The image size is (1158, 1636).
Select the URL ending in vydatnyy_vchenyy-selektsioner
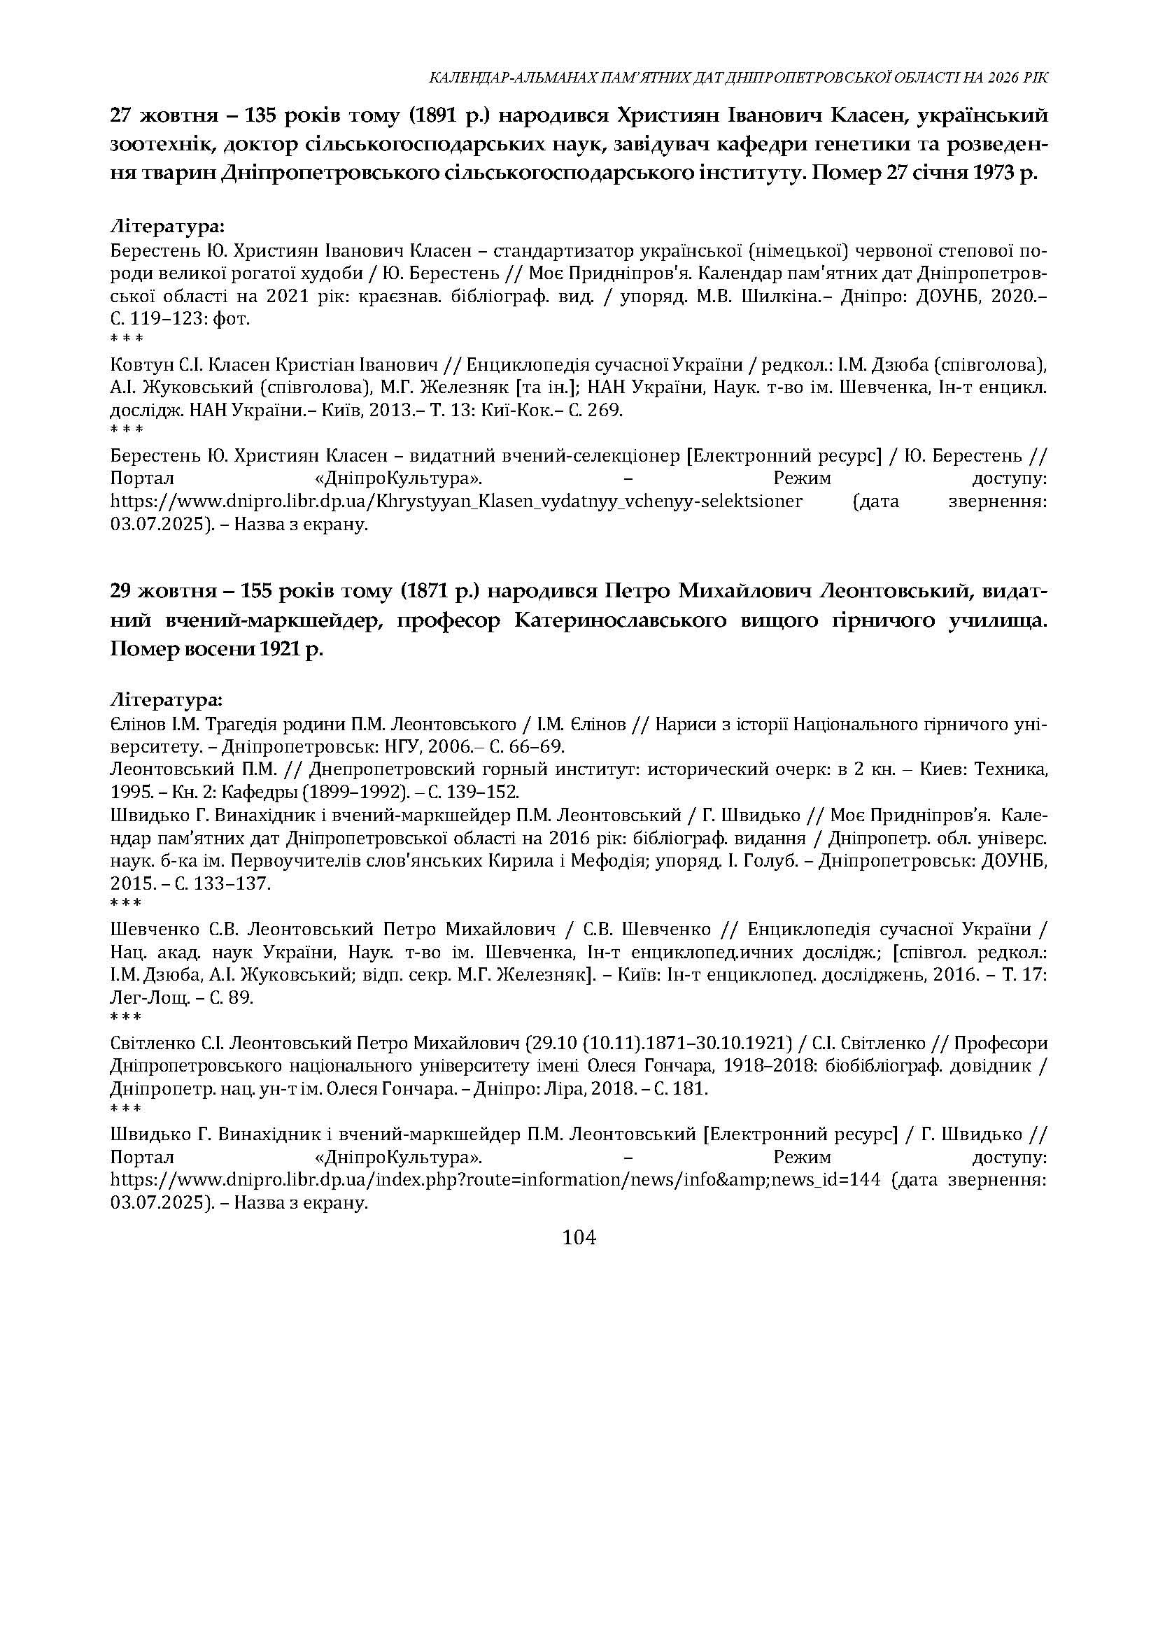coord(456,501)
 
